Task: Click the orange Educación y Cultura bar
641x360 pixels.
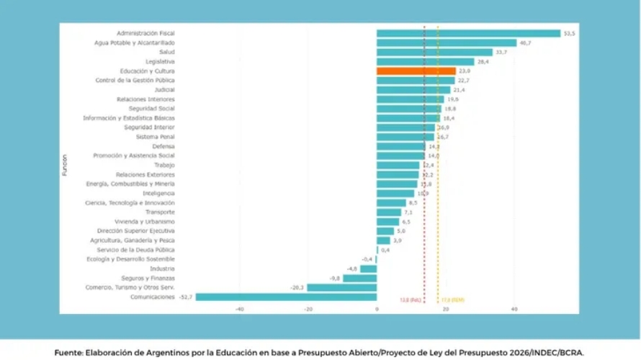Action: pyautogui.click(x=416, y=71)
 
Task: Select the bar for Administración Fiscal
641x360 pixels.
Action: pyautogui.click(x=468, y=33)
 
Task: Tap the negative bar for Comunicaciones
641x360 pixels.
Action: pyautogui.click(x=286, y=297)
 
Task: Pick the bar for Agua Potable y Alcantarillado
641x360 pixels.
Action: pyautogui.click(x=447, y=43)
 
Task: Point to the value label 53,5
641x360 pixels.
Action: pyautogui.click(x=569, y=33)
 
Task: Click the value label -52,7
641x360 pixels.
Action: pyautogui.click(x=185, y=297)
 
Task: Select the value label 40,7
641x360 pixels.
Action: pyautogui.click(x=525, y=43)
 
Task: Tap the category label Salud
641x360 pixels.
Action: pyautogui.click(x=167, y=53)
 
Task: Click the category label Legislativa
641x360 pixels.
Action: pyautogui.click(x=160, y=62)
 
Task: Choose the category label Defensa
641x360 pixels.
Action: pyautogui.click(x=163, y=146)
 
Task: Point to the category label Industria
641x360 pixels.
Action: pyautogui.click(x=162, y=269)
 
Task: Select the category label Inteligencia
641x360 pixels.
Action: pyautogui.click(x=158, y=193)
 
